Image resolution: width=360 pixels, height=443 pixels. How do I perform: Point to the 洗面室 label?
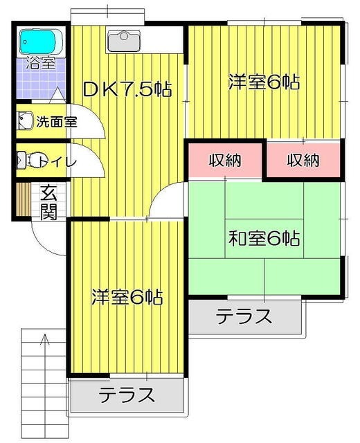tap(56, 122)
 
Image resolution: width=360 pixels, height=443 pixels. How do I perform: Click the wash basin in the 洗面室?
tap(25, 121)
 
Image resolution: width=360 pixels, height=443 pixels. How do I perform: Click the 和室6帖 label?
tap(264, 239)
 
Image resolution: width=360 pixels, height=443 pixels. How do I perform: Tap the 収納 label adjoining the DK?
tap(224, 161)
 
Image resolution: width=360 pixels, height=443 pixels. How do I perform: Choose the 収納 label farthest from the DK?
tap(303, 161)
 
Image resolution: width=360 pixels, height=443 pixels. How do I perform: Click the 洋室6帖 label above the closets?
tap(264, 82)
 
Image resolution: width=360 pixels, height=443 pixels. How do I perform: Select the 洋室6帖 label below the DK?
tap(127, 298)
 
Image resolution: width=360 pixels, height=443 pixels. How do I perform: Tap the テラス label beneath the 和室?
tap(244, 317)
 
